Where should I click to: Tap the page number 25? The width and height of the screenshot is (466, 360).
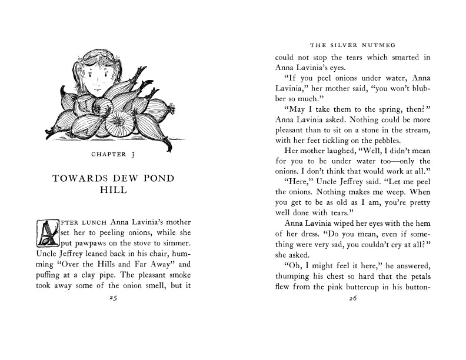pos(114,298)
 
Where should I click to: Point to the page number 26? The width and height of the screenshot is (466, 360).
pos(353,298)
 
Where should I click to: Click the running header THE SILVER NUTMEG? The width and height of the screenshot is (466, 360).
pos(353,44)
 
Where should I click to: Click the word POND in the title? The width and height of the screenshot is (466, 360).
pos(153,178)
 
